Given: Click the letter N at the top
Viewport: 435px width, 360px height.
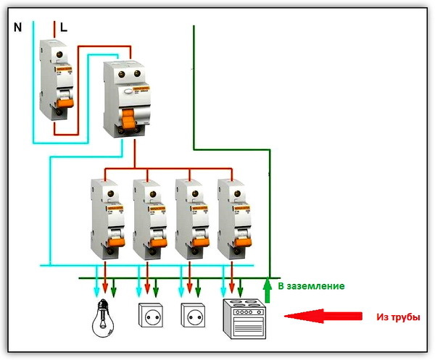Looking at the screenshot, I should point(17,28).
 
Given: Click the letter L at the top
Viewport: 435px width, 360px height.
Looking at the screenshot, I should point(64,28).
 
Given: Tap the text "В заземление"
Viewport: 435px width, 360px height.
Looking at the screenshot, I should point(311,287).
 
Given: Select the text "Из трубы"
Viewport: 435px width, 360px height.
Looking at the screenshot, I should point(397,317).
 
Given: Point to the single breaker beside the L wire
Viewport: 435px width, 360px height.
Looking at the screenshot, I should point(58,80).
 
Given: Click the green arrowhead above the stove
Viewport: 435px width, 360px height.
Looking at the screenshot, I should point(242,293).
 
